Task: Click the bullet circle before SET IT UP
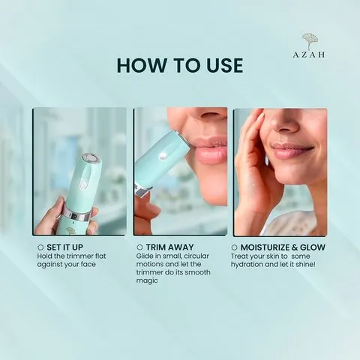click(x=40, y=246)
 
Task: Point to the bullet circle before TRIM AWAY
click(x=140, y=246)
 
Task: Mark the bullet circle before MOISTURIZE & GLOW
click(x=235, y=246)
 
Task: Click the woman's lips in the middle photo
click(x=209, y=152)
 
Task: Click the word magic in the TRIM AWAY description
click(x=147, y=280)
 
